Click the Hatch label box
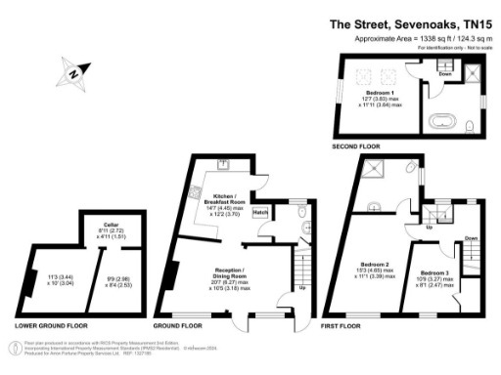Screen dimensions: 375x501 coord(260,212)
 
